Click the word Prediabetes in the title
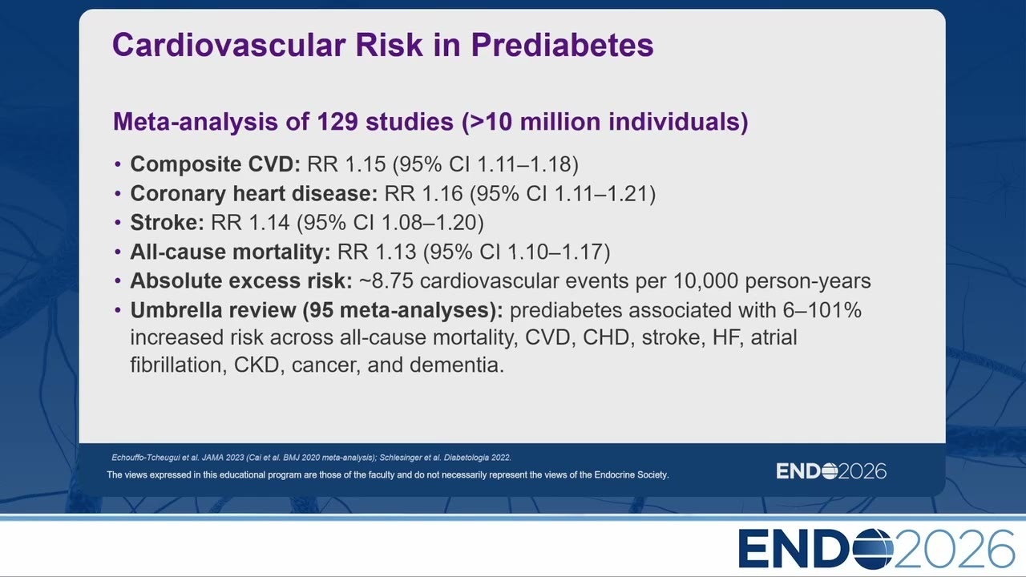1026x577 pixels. click(562, 45)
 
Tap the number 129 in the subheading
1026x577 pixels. click(337, 121)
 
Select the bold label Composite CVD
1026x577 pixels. click(216, 164)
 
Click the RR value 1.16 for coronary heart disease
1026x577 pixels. click(442, 193)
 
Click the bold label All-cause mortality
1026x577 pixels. click(230, 252)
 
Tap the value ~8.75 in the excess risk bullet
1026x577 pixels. click(386, 280)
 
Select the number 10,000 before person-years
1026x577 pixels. click(706, 281)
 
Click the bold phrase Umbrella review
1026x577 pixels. click(213, 310)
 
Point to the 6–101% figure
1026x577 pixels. click(822, 310)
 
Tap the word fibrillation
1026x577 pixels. click(179, 365)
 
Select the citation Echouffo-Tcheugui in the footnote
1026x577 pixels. click(148, 458)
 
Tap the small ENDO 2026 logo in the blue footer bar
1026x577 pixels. click(831, 471)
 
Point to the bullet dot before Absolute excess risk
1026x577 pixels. click(118, 280)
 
